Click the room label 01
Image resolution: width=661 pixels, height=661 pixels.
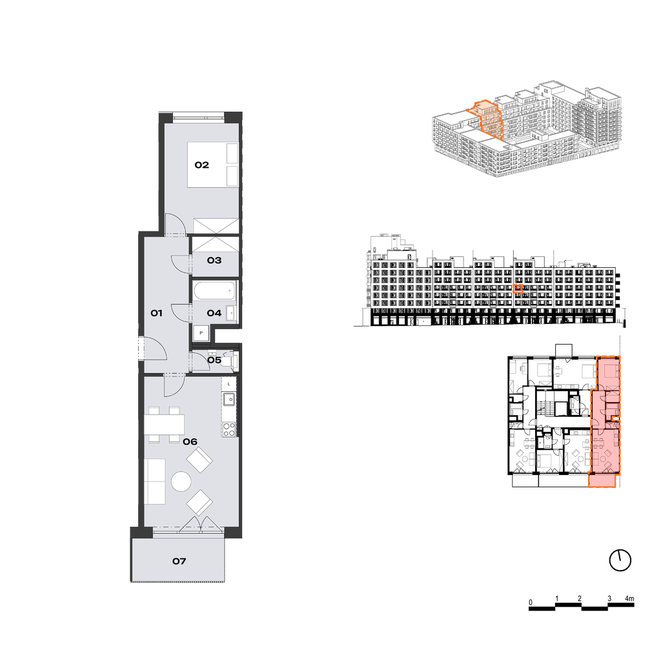(x=156, y=313)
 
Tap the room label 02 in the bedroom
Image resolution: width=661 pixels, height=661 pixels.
(x=201, y=165)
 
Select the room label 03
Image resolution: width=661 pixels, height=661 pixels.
(x=214, y=260)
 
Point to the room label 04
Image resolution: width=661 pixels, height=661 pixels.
(x=214, y=313)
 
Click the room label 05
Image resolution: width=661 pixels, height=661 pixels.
(x=214, y=360)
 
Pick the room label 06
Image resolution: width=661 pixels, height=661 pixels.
(x=190, y=442)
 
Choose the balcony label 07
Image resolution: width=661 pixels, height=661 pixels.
(x=179, y=561)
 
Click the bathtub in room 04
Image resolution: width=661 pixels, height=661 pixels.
(x=214, y=290)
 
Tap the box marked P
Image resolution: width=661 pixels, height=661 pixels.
(x=201, y=333)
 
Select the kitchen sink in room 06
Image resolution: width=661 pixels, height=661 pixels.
(x=229, y=399)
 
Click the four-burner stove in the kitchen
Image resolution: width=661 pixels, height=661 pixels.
(x=229, y=429)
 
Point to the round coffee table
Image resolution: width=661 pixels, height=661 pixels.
(x=181, y=481)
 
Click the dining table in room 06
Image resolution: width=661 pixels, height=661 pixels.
(x=165, y=425)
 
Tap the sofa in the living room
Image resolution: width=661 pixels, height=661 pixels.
(x=155, y=482)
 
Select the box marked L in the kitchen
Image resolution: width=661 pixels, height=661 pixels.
(x=229, y=384)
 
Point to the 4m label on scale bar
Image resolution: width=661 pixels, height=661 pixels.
(x=629, y=598)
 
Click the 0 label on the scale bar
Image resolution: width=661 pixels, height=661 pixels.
(x=531, y=602)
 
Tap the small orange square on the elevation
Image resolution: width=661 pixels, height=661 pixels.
(x=518, y=289)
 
